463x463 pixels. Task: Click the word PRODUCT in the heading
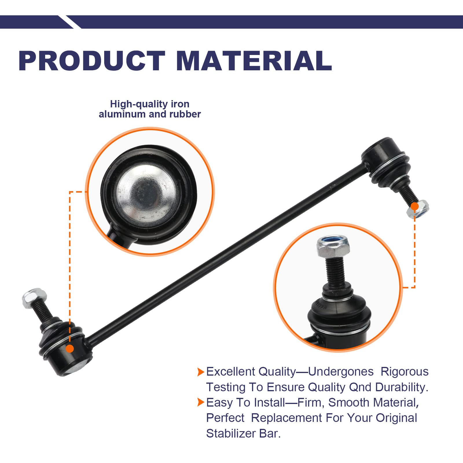(x=92, y=61)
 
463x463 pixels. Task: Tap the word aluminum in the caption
(x=122, y=114)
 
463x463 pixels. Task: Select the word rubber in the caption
(x=185, y=114)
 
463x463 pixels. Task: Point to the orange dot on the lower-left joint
(x=70, y=348)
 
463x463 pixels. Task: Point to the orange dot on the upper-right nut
(x=415, y=206)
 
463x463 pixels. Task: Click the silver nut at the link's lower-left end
(x=34, y=297)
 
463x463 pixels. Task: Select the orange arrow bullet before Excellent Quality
(x=201, y=372)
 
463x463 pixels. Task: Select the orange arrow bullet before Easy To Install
(x=201, y=402)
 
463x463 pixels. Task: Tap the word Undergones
(x=341, y=372)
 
